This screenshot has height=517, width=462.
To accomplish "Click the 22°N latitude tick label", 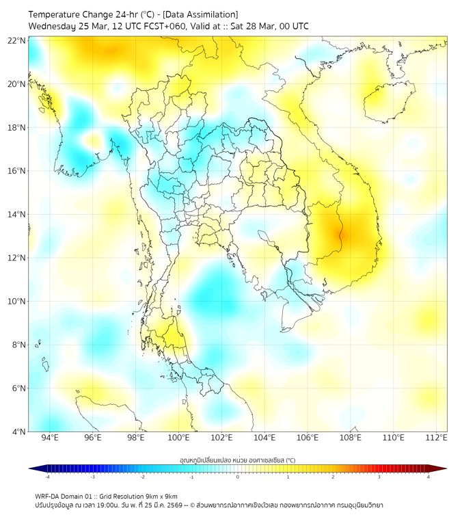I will tap(17, 40).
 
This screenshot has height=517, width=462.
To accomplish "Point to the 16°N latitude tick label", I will tap(17, 171).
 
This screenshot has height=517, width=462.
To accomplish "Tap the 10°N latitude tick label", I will tap(17, 302).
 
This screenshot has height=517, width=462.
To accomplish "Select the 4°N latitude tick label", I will tap(18, 432).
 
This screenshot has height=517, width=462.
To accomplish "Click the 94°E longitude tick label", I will tap(50, 438).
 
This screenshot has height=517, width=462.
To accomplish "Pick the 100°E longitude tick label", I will tap(178, 438).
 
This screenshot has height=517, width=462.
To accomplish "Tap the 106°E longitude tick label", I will tap(308, 438).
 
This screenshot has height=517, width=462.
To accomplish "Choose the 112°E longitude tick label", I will tap(436, 438).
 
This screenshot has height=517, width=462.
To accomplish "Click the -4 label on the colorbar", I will tap(47, 477).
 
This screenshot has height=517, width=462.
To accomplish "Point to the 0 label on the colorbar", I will tap(238, 477).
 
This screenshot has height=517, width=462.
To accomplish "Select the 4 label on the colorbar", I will tap(428, 477).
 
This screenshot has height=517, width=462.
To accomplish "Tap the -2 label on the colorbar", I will tap(142, 477).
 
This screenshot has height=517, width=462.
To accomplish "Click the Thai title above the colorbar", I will tap(237, 460).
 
